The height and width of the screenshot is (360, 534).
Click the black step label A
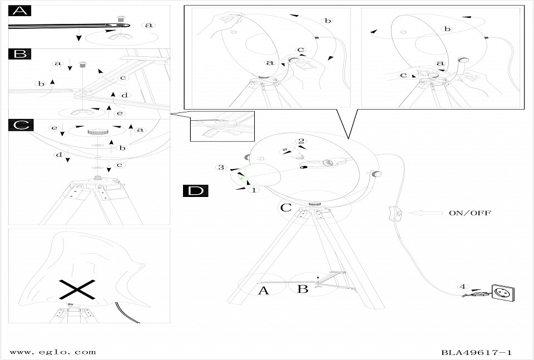click(x=20, y=11)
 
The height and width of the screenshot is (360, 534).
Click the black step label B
click(x=20, y=54)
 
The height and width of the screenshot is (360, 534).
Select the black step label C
click(x=20, y=125)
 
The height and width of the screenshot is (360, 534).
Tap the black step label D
click(x=196, y=191)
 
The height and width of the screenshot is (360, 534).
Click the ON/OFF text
click(x=469, y=213)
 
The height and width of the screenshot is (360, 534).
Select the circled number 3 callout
click(x=221, y=167)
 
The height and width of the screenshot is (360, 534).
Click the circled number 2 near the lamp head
click(x=301, y=141)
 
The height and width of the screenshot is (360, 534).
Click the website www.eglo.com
click(x=53, y=352)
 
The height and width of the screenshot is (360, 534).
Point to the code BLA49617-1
click(x=476, y=352)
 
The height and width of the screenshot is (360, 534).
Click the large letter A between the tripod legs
click(x=264, y=289)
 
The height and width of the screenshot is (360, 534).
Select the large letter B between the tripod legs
click(x=303, y=289)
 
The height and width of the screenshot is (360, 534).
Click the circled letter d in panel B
click(x=125, y=96)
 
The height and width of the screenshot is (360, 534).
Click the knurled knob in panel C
click(x=98, y=132)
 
